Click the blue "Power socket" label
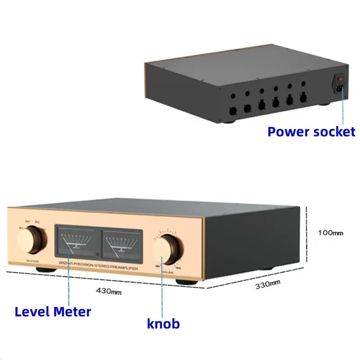(311, 132)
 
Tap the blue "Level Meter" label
(53, 311)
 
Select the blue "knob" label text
(163, 323)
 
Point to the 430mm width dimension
(109, 291)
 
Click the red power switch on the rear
(341, 80)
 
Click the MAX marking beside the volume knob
(179, 269)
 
